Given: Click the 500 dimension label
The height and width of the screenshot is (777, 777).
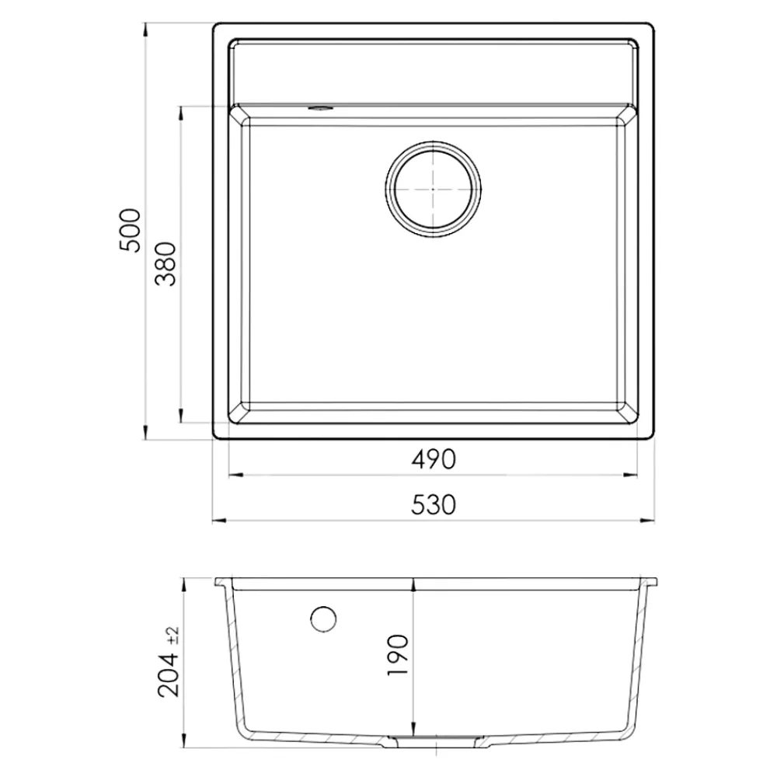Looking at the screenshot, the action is (131, 231).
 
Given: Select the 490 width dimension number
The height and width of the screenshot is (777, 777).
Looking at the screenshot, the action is (433, 459).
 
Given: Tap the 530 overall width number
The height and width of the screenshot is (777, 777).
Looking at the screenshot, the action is (433, 505).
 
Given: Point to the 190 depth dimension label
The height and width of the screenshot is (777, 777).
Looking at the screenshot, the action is (397, 654).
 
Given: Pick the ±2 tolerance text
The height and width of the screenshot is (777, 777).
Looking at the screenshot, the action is (173, 636).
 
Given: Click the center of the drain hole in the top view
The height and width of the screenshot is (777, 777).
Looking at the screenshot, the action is (433, 189).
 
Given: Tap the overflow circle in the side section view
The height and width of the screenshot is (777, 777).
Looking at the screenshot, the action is (323, 619).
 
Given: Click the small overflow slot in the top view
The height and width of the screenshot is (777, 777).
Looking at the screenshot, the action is (321, 107).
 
